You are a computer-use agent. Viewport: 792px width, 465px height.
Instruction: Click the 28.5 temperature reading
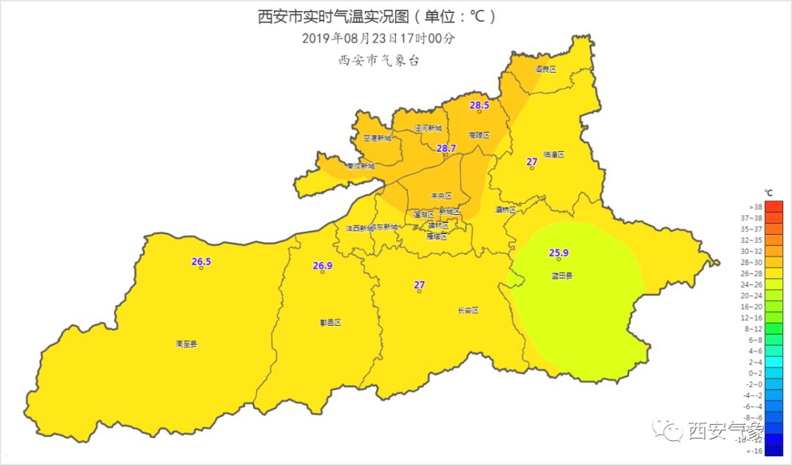pos(479,105)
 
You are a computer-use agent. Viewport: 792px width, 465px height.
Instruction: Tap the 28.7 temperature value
pos(446,148)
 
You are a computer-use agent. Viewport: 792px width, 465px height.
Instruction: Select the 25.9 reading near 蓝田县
pos(558,253)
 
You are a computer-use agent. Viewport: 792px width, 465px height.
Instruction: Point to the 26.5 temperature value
pos(201,261)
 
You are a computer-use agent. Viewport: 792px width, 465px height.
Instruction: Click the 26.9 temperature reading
pos(323,266)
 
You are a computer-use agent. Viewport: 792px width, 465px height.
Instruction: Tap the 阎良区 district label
pos(545,69)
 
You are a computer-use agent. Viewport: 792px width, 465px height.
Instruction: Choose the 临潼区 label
pos(554,155)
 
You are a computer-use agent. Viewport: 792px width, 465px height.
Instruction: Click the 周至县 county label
pos(186,343)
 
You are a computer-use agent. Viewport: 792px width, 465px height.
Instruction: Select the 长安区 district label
pos(467,310)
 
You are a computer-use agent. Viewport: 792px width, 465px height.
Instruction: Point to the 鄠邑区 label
pos(331,322)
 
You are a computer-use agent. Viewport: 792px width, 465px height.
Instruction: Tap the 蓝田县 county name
pos(562,276)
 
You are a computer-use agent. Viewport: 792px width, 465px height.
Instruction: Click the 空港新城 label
pos(377,138)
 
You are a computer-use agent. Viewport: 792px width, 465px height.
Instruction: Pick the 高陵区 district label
pos(478,135)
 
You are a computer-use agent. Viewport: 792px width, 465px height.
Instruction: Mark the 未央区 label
pos(441,196)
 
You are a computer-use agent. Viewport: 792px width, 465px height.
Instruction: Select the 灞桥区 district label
pos(505,210)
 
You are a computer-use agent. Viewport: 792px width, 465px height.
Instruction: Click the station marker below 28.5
pos(479,111)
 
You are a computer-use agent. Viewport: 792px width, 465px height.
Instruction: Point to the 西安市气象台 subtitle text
pos(378,61)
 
